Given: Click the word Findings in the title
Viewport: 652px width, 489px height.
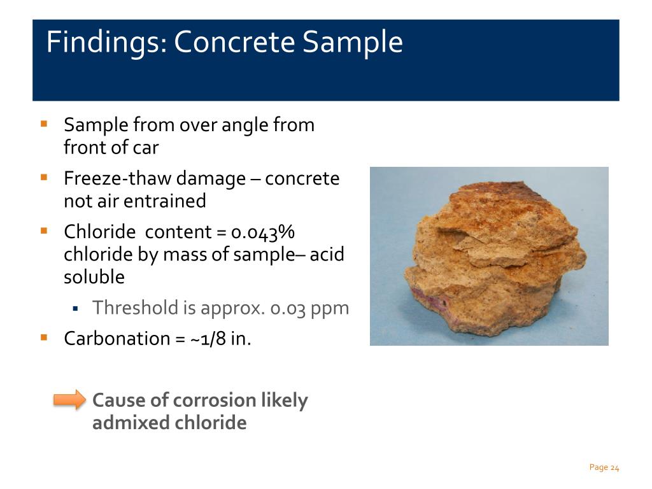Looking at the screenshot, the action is point(106,43).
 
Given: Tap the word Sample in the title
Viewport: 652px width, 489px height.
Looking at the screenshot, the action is point(353,43).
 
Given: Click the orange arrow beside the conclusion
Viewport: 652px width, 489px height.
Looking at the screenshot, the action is point(69,400).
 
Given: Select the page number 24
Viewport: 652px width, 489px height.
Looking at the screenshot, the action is point(615,468).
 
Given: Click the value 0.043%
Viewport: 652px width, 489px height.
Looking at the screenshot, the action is point(263,232).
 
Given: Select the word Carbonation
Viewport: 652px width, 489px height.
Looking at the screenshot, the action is point(117,339).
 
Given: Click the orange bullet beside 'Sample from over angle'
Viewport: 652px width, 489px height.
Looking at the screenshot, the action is point(44,124).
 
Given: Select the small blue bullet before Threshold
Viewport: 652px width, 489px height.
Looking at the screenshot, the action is point(75,309).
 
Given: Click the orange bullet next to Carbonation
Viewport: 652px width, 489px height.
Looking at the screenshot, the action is point(44,337).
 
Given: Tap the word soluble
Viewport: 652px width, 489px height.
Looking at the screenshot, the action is point(94,277).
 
